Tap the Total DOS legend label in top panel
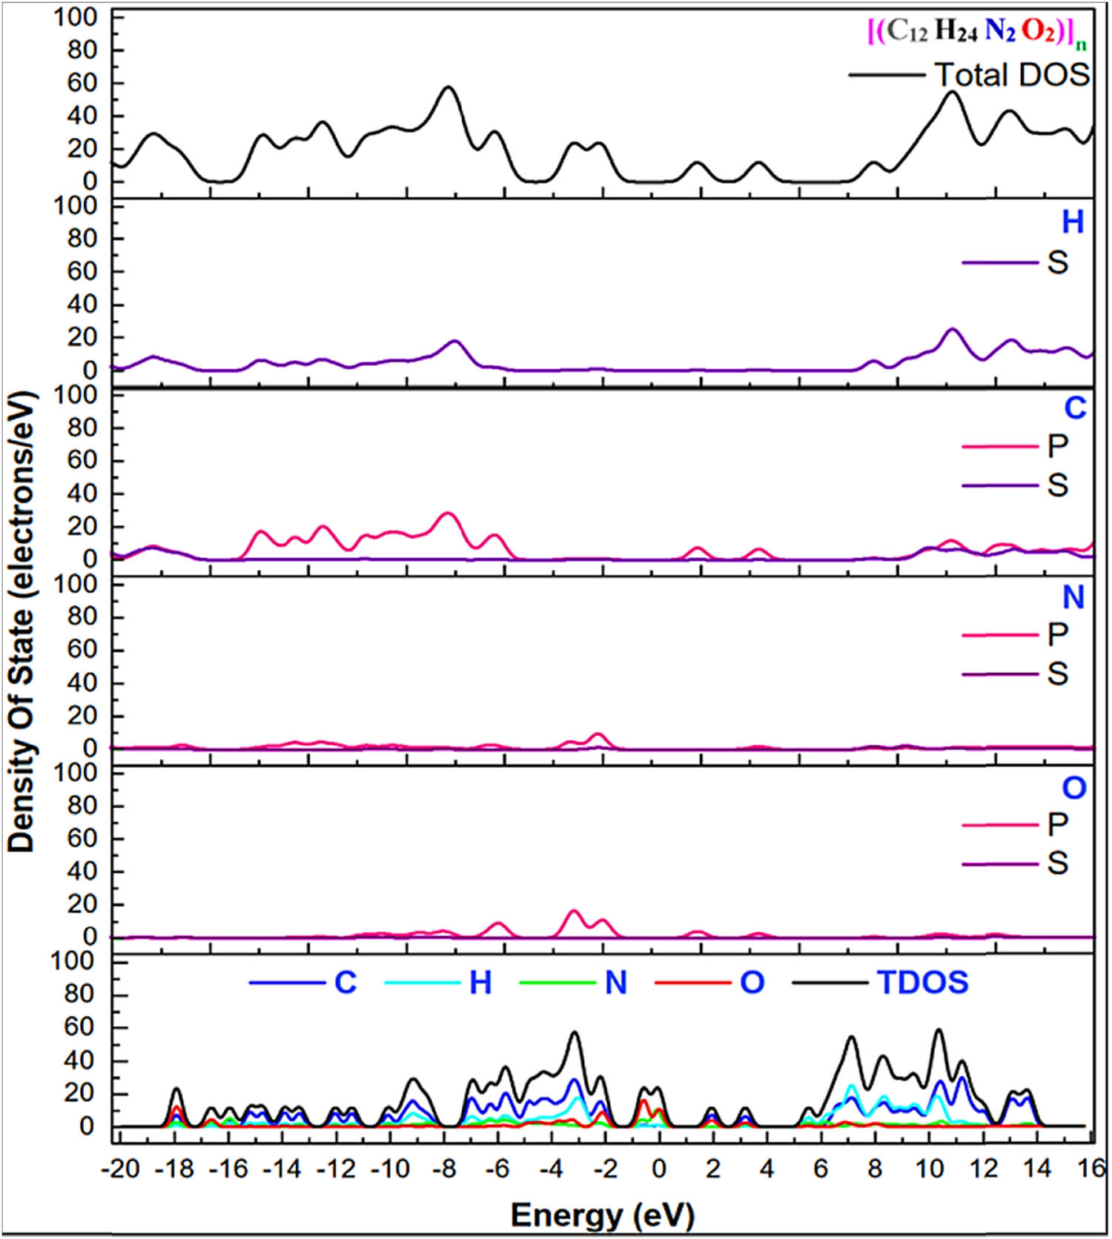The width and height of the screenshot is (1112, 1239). [x=1011, y=75]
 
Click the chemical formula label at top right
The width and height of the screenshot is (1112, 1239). [x=978, y=32]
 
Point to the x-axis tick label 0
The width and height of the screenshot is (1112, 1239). [x=658, y=1169]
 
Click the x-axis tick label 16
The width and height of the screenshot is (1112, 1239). [x=1090, y=1169]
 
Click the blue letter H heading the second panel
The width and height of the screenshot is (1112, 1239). [x=1073, y=222]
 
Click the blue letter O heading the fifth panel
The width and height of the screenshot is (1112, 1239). [x=1073, y=788]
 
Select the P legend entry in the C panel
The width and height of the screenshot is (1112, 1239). [x=1056, y=445]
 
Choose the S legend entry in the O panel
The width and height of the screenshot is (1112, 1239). [x=1056, y=863]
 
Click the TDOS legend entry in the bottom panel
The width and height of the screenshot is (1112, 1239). [x=922, y=983]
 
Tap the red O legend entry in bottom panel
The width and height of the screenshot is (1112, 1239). [x=752, y=983]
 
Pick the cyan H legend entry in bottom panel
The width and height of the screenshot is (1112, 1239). [x=480, y=983]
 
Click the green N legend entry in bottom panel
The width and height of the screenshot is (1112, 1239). [x=616, y=983]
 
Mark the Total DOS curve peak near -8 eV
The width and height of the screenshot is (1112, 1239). [x=447, y=87]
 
